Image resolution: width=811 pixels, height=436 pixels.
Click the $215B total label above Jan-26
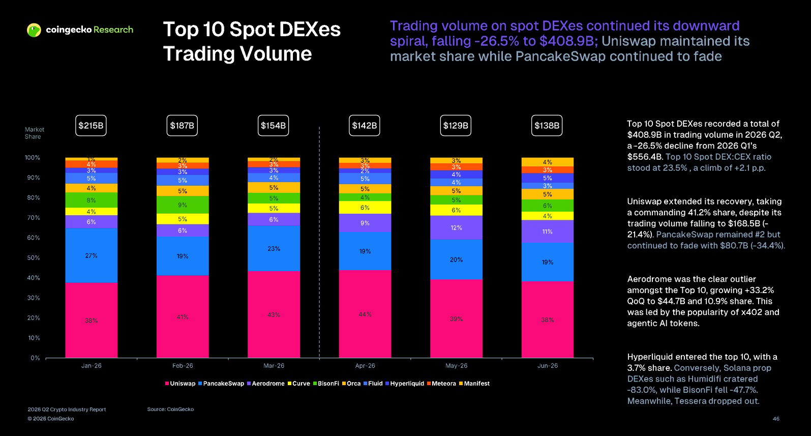[x=91, y=126]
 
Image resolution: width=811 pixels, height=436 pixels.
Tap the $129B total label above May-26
[x=456, y=126]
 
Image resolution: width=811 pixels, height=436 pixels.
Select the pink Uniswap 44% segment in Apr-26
[x=365, y=314]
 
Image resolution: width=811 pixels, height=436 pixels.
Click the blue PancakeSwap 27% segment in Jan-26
[x=91, y=255]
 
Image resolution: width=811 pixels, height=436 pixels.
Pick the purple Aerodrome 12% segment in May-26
[x=456, y=227]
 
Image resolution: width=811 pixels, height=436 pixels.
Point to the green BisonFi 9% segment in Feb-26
[x=183, y=205]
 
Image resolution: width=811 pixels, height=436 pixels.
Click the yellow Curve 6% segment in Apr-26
[x=365, y=208]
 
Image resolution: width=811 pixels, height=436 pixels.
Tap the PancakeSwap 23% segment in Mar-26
[x=274, y=248]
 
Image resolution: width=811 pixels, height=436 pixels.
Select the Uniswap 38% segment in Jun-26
[x=548, y=319]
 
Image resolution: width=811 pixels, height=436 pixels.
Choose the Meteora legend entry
[x=441, y=384]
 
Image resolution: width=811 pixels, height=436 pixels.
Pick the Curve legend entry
[x=298, y=384]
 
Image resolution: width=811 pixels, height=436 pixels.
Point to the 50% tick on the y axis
[x=33, y=258]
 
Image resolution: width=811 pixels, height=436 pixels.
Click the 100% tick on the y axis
[x=32, y=158]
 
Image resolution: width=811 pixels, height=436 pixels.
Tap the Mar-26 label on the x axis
[x=274, y=366]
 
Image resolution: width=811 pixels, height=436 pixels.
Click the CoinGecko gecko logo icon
[x=34, y=30]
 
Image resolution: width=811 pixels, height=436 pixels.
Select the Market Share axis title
[x=34, y=133]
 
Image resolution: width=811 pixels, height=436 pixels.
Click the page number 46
[x=776, y=419]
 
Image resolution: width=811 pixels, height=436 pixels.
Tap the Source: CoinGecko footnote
[x=170, y=409]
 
